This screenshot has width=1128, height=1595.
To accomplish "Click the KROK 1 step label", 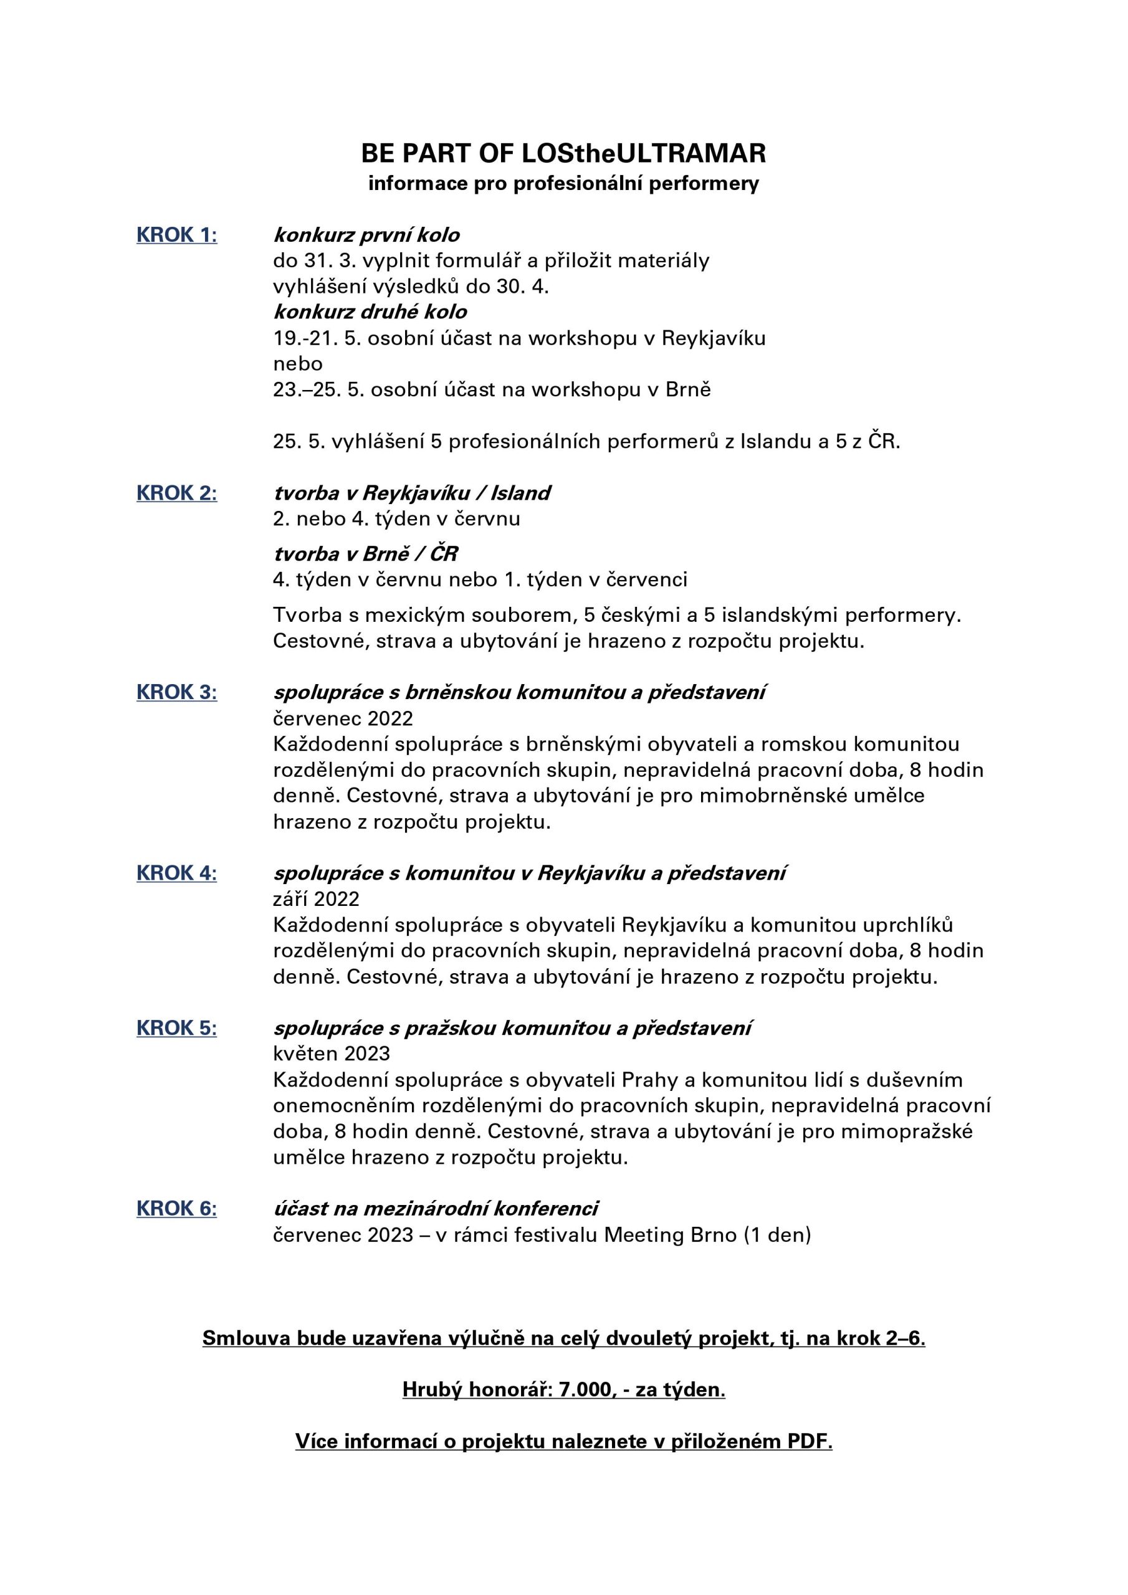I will click(176, 235).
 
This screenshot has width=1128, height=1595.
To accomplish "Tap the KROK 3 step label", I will click(176, 692).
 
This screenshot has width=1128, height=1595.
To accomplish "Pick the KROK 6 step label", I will click(176, 1208).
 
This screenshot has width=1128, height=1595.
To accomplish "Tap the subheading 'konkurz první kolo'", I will click(366, 235).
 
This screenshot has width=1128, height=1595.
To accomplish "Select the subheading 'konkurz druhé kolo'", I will click(370, 312).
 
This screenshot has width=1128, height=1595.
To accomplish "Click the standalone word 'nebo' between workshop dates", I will click(297, 363).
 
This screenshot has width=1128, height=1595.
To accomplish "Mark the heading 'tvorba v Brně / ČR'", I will click(366, 554).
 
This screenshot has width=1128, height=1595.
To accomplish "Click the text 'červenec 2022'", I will click(343, 718).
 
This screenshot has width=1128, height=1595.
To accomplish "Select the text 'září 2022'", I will click(316, 899).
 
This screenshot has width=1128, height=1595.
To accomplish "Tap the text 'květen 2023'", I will click(332, 1053).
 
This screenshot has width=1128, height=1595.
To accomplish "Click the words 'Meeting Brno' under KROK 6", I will click(670, 1234).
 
